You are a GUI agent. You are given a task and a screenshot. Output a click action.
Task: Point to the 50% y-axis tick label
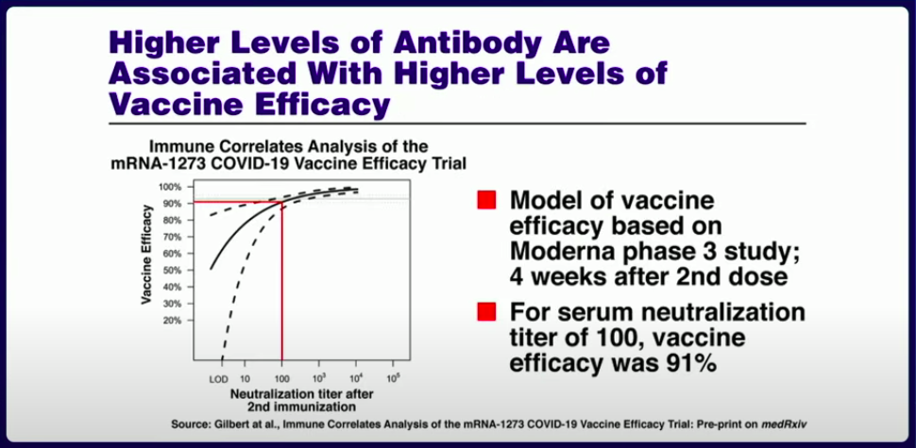tap(170, 271)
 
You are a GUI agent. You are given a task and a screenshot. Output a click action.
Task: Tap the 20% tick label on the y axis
tap(170, 321)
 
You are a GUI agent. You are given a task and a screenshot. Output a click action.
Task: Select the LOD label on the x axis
tap(218, 378)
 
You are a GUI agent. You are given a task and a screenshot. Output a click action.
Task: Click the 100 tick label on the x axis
tap(282, 378)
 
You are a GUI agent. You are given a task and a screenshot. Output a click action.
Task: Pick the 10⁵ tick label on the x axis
tap(394, 377)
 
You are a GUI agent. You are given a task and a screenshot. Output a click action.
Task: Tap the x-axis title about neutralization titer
tap(301, 400)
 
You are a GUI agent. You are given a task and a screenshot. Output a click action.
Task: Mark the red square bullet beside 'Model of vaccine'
tap(486, 200)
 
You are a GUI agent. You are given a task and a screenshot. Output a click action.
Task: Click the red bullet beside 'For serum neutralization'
tap(486, 312)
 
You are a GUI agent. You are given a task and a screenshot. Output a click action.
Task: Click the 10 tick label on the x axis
tap(246, 378)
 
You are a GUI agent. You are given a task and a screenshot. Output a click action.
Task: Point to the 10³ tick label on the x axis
tap(319, 377)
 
